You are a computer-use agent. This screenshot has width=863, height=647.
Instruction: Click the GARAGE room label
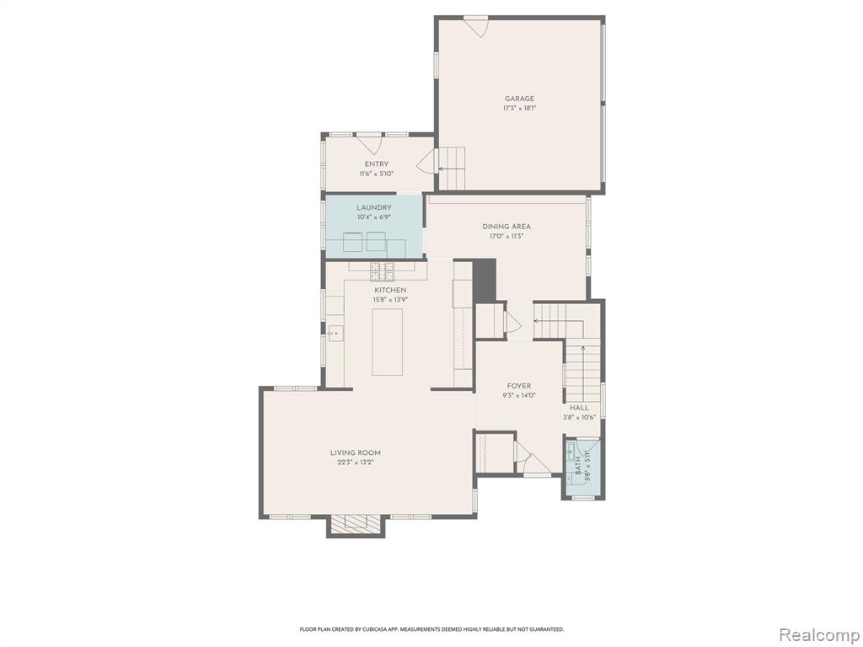pyautogui.click(x=519, y=99)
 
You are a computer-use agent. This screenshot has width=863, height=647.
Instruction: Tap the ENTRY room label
pyautogui.click(x=377, y=164)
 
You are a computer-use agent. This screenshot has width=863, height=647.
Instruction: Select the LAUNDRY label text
pyautogui.click(x=374, y=207)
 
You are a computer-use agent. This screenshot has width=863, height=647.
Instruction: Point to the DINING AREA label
pyautogui.click(x=507, y=226)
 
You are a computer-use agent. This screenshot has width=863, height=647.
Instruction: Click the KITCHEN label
pyautogui.click(x=390, y=290)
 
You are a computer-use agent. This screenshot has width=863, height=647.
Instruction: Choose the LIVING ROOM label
pyautogui.click(x=356, y=452)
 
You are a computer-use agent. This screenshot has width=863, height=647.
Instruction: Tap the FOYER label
pyautogui.click(x=519, y=386)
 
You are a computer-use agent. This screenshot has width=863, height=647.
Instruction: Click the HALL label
pyautogui.click(x=579, y=408)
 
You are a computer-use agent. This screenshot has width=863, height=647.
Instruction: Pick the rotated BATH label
pyautogui.click(x=578, y=465)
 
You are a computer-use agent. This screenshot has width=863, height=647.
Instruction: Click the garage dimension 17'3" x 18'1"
pyautogui.click(x=519, y=109)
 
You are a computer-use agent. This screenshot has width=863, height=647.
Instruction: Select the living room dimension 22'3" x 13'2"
pyautogui.click(x=356, y=463)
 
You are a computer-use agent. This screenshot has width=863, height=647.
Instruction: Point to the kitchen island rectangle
pyautogui.click(x=387, y=342)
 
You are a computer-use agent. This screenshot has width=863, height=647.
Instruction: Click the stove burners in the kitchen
pyautogui.click(x=382, y=271)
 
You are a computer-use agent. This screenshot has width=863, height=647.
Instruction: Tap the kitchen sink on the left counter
pyautogui.click(x=335, y=333)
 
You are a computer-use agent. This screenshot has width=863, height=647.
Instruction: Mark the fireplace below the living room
pyautogui.click(x=356, y=526)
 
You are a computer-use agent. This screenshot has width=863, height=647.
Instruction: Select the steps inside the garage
pyautogui.click(x=452, y=168)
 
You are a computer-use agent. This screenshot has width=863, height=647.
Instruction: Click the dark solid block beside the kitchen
pyautogui.click(x=485, y=281)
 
